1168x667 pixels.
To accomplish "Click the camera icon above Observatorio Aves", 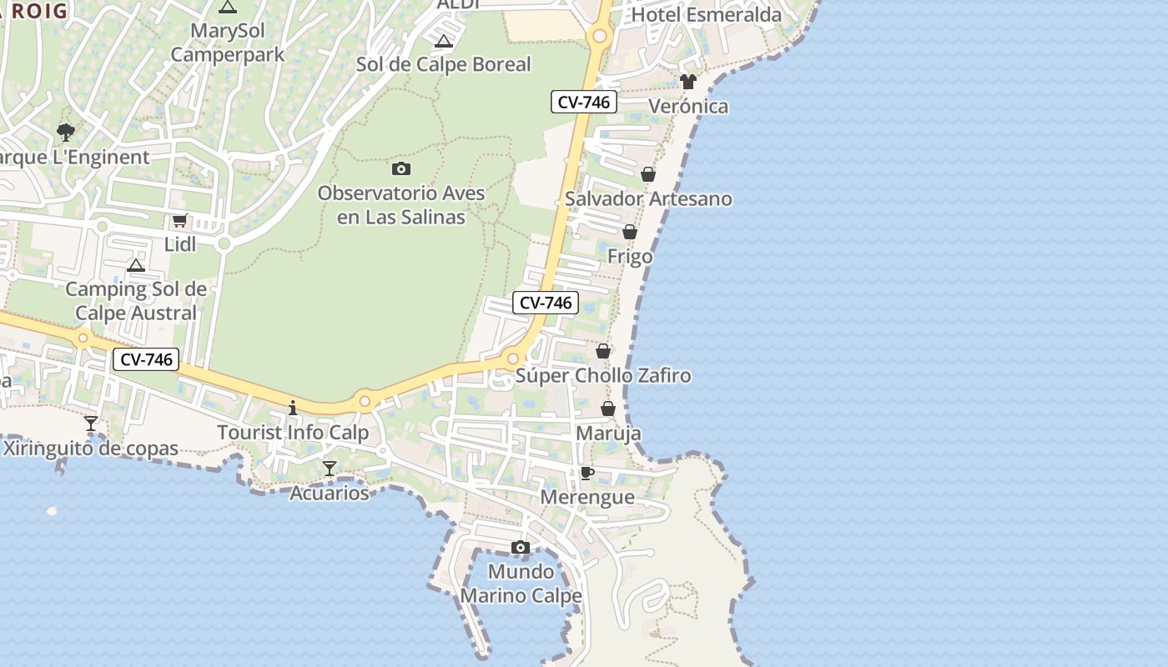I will click(401, 169).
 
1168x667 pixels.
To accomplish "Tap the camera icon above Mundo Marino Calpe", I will click(521, 548).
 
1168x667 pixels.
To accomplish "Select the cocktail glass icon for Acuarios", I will click(330, 469).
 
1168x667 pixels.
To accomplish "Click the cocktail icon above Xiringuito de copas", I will click(91, 424).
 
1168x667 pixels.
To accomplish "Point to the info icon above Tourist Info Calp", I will click(293, 408).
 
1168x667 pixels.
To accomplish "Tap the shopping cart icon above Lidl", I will click(179, 221).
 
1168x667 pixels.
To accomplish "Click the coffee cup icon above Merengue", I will click(587, 474).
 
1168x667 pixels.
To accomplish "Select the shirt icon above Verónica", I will click(688, 82).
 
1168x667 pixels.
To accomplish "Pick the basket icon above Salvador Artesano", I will click(648, 174).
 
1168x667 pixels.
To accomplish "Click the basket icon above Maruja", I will click(608, 409).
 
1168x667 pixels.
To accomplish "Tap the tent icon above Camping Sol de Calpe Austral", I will click(136, 266).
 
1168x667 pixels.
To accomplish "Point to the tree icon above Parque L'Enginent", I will click(65, 132).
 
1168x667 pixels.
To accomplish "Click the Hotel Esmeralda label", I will click(707, 15).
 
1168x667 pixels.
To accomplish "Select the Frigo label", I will click(630, 257).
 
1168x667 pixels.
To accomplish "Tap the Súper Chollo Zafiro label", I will click(603, 376).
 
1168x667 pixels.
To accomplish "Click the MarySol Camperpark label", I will click(227, 43).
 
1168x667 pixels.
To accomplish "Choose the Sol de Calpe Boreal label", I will click(444, 65).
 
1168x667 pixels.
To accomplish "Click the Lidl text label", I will click(180, 244).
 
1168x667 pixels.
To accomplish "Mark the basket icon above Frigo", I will click(630, 232).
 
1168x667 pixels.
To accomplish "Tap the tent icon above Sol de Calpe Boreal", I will click(444, 42).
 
